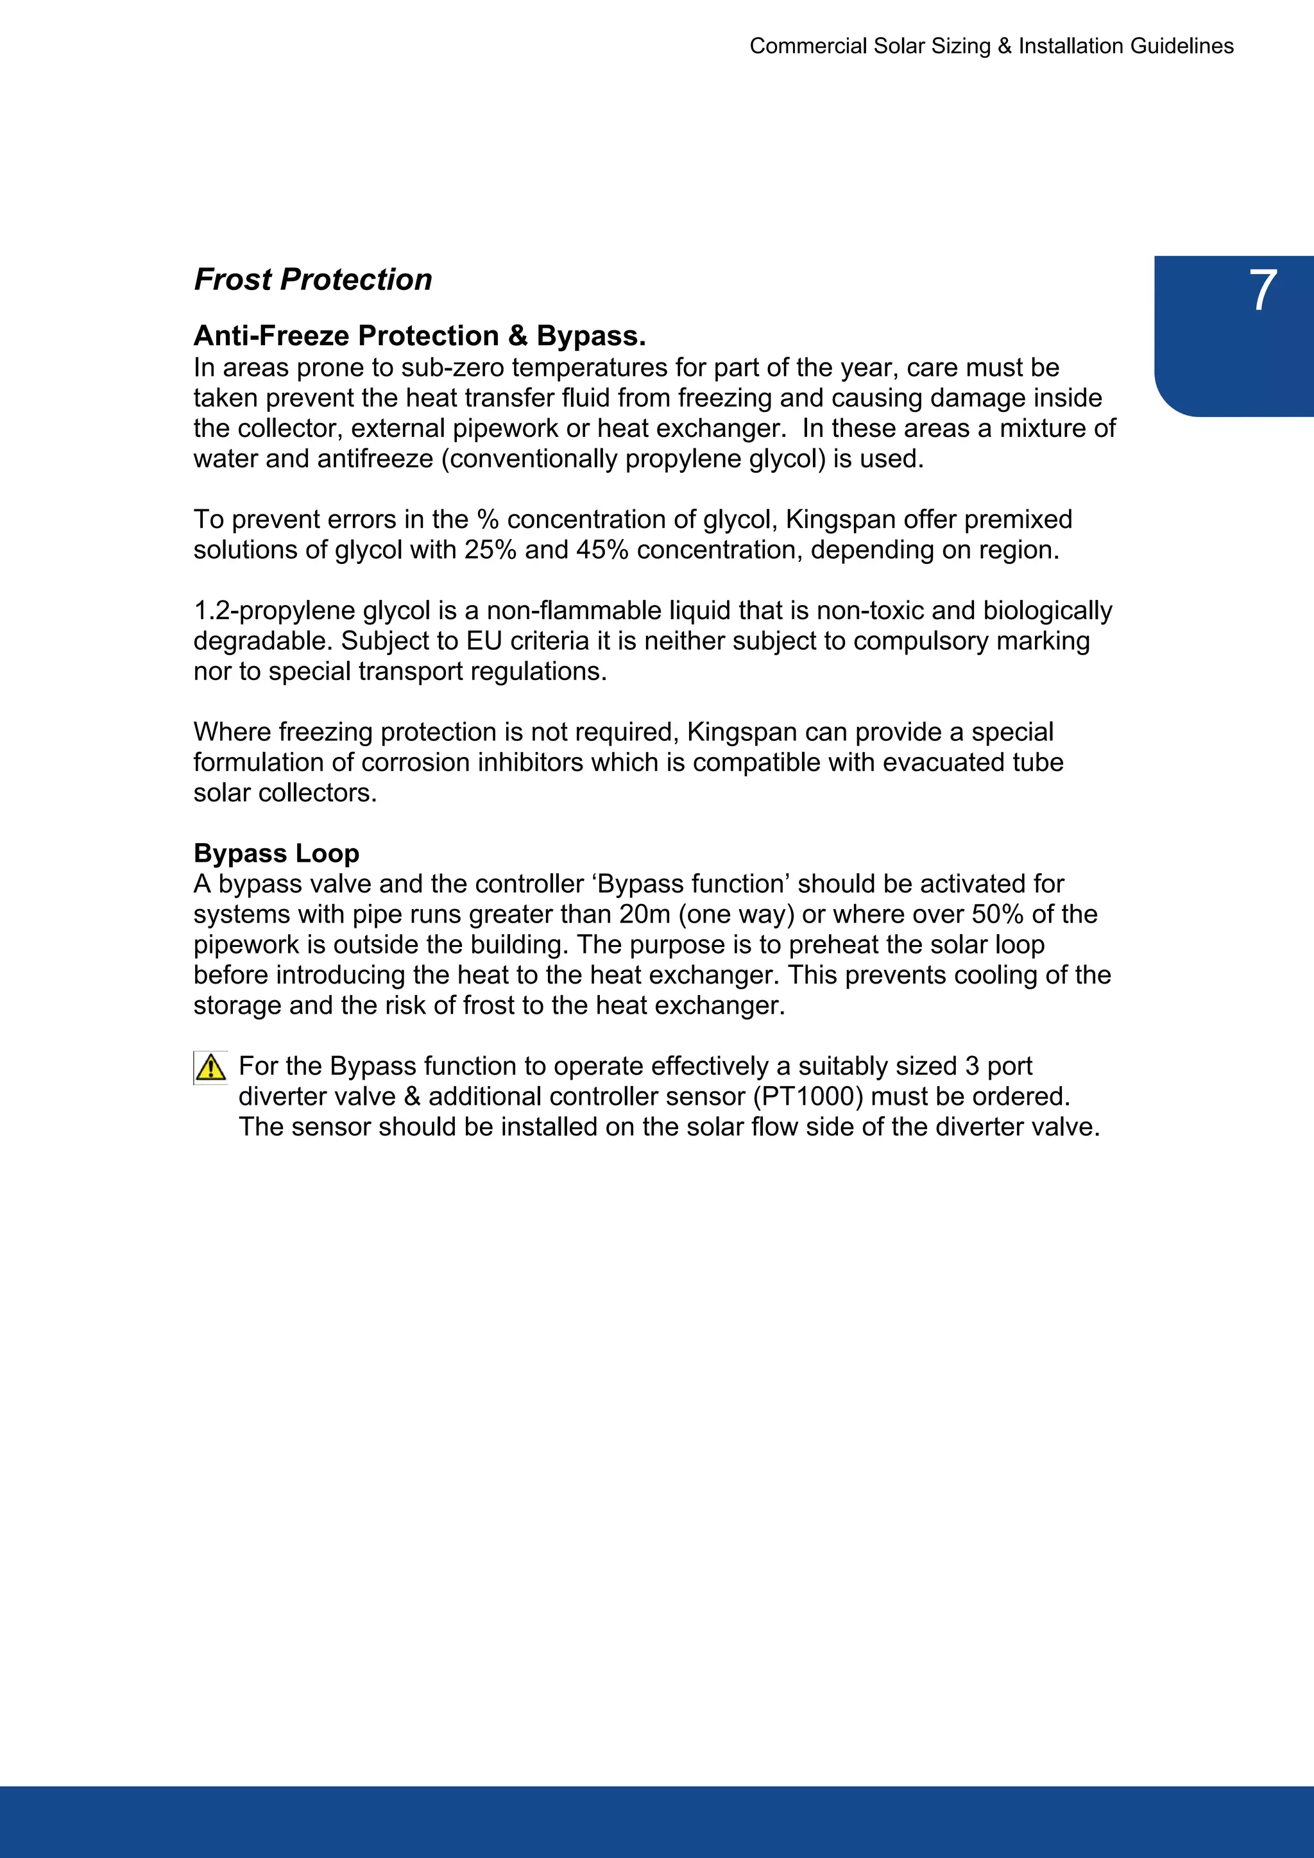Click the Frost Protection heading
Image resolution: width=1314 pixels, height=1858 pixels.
click(x=312, y=279)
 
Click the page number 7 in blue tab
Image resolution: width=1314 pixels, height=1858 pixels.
click(x=1261, y=291)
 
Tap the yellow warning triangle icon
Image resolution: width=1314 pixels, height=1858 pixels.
click(x=210, y=1068)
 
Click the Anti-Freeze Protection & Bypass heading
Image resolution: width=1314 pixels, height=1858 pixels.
click(x=419, y=335)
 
